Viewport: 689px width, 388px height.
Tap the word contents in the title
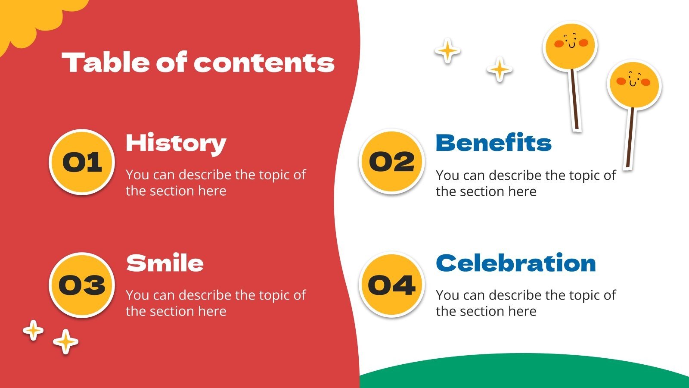click(264, 63)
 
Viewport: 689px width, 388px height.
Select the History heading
click(176, 143)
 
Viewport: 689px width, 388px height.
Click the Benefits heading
click(493, 143)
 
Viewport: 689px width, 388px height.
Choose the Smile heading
click(164, 263)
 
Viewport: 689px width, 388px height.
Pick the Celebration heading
click(515, 263)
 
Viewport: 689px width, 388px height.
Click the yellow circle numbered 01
click(82, 162)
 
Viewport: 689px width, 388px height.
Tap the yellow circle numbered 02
click(391, 162)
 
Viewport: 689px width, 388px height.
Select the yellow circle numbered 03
click(82, 285)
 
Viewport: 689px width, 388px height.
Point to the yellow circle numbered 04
click(391, 285)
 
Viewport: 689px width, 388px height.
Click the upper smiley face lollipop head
click(570, 45)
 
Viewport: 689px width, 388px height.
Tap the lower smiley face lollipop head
click(633, 84)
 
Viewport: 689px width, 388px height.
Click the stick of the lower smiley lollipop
click(630, 138)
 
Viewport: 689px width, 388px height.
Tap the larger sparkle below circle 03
click(65, 342)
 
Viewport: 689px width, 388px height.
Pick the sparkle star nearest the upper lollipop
click(500, 69)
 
